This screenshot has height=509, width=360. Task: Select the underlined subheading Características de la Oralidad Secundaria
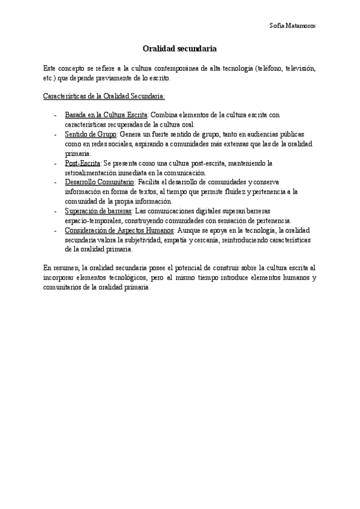[104, 96]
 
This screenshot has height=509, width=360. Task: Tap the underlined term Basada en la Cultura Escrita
[106, 114]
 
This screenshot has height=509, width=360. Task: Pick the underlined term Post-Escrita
[83, 163]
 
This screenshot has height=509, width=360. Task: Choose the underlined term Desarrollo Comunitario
[100, 182]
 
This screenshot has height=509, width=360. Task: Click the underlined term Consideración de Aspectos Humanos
[119, 230]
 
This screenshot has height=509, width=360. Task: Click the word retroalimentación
[92, 172]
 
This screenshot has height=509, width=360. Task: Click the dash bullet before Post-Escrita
[56, 163]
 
